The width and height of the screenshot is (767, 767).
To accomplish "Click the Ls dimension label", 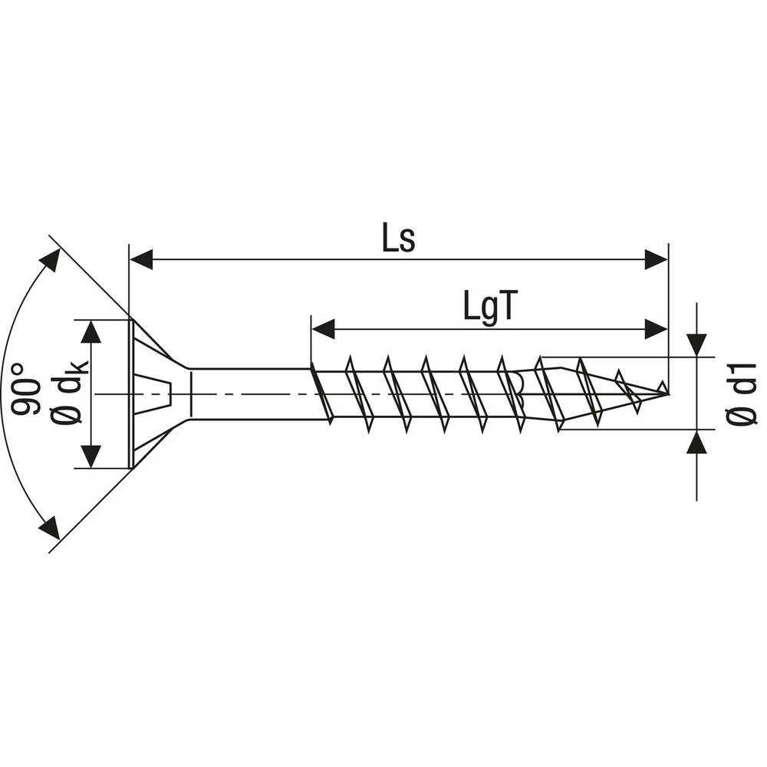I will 398,239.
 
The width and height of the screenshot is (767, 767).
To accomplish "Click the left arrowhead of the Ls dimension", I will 142,259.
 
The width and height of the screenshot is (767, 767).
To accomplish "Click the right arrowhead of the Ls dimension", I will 656,259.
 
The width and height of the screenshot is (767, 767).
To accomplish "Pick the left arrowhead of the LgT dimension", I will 323,329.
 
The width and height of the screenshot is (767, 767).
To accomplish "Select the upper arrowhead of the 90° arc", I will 50,259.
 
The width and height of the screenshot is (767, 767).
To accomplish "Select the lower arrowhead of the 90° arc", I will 50,528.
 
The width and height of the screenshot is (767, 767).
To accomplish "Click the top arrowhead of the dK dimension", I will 91,331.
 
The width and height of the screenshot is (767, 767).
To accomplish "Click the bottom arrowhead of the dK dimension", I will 91,456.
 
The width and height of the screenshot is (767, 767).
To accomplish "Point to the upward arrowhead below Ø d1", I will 696,443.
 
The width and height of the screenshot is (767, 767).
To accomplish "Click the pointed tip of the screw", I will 666,393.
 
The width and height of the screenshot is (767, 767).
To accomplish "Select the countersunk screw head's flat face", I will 130,393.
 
